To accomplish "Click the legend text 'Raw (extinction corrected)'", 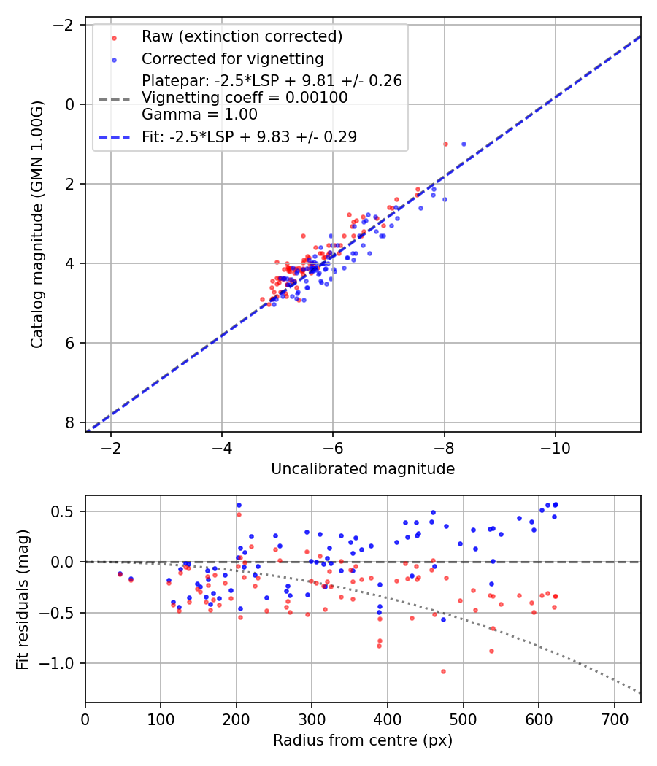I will click(242, 36).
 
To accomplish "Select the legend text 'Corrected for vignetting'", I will click(233, 58).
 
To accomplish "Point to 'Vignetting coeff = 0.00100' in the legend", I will click(245, 98).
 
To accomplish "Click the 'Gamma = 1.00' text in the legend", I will click(199, 115).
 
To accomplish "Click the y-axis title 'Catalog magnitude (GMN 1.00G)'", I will click(37, 224).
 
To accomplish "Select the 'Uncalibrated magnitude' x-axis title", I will click(363, 469).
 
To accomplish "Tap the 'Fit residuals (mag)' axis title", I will click(22, 599).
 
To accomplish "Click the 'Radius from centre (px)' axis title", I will click(363, 740).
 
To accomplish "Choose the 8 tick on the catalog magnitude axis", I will click(70, 422).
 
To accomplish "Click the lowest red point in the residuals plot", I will click(443, 671).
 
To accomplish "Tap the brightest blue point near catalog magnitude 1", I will click(464, 144).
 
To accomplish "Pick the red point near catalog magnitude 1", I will click(445, 144).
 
